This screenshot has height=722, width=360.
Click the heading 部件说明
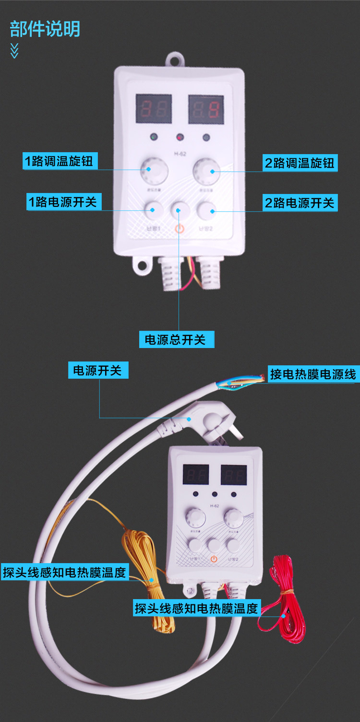pyautogui.click(x=45, y=29)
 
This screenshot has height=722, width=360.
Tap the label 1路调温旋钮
pyautogui.click(x=60, y=161)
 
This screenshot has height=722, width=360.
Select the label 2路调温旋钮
pyautogui.click(x=300, y=163)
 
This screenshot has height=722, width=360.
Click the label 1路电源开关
pyautogui.click(x=63, y=202)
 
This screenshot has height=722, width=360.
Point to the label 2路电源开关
pyautogui.click(x=300, y=203)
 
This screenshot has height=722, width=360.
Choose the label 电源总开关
pyautogui.click(x=175, y=340)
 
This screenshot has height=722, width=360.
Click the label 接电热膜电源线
pyautogui.click(x=312, y=374)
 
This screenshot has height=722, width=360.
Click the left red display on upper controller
pyautogui.click(x=154, y=109)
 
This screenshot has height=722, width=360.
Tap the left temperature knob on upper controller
pyautogui.click(x=154, y=170)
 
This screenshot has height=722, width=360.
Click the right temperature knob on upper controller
pyautogui.click(x=206, y=170)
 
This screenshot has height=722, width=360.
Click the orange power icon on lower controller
pyautogui.click(x=214, y=559)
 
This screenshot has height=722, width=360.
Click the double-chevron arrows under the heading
pyautogui.click(x=14, y=50)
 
